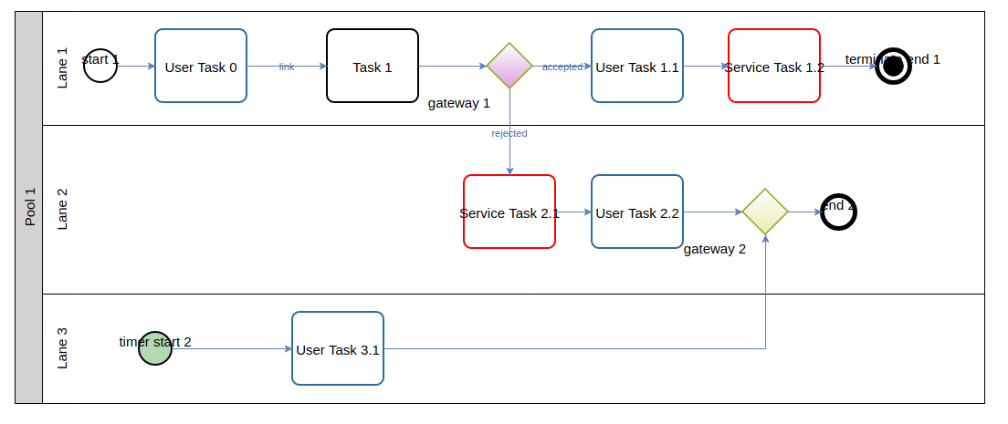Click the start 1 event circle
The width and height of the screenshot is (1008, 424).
(100, 66)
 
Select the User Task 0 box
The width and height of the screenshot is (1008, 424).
(201, 66)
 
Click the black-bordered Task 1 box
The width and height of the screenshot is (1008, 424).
(373, 66)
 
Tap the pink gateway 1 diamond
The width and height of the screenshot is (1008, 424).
(509, 66)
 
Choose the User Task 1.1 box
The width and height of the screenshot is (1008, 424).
(637, 66)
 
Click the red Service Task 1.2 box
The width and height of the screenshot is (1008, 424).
(774, 66)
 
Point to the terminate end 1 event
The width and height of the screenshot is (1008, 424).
(893, 66)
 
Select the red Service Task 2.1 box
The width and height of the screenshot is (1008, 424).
(509, 212)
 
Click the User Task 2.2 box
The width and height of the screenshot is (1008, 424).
(637, 212)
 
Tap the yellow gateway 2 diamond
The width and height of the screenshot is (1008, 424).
(765, 212)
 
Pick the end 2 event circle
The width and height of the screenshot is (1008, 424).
(838, 212)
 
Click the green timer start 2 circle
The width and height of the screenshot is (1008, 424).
(155, 348)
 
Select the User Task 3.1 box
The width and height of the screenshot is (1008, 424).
(338, 348)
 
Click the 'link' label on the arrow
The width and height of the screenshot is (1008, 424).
(287, 67)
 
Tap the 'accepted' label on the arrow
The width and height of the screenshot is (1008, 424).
(562, 67)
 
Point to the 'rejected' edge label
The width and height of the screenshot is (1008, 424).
(509, 133)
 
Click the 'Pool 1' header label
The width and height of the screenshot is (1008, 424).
(29, 207)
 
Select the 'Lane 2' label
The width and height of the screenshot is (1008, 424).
(62, 210)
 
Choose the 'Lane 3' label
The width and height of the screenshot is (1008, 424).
(62, 348)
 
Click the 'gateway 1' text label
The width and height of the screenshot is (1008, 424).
(459, 103)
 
